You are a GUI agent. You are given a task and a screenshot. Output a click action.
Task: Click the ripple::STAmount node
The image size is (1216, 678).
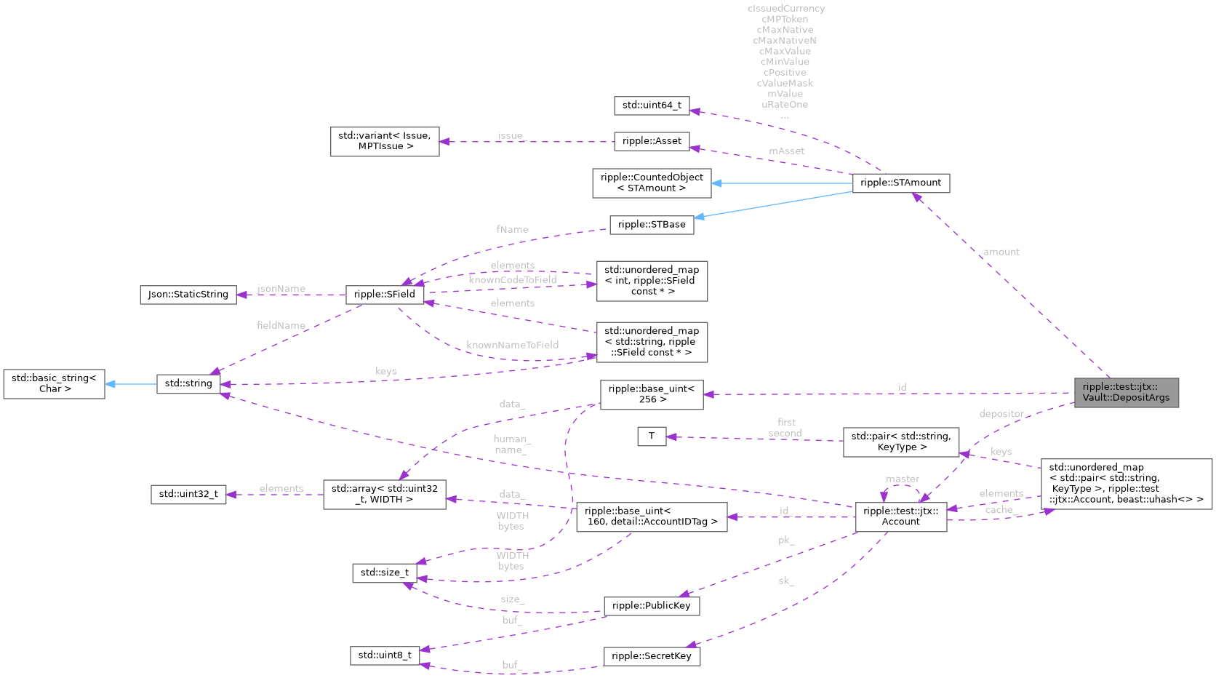tap(900, 183)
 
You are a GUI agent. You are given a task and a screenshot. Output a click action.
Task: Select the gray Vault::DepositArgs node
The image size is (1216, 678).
tap(1126, 392)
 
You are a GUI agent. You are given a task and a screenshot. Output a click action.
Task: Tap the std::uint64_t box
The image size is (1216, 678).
tap(652, 105)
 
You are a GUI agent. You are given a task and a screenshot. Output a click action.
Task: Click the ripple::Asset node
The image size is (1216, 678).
tap(652, 141)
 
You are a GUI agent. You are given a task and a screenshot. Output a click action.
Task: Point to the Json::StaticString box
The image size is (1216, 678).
tap(188, 295)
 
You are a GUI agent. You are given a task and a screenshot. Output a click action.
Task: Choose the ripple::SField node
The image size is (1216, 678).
tap(385, 295)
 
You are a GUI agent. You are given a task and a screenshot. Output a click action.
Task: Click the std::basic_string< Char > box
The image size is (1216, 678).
tap(55, 383)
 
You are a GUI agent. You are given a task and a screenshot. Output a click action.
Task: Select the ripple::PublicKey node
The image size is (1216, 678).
tap(651, 606)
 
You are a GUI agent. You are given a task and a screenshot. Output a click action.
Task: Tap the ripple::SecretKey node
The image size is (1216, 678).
tap(651, 656)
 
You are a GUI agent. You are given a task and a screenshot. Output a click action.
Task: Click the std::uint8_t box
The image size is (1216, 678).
tap(385, 655)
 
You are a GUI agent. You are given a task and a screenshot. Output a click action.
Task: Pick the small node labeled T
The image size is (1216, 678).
tap(652, 436)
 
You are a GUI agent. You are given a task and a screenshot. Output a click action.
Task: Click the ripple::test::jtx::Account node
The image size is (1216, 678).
tap(900, 517)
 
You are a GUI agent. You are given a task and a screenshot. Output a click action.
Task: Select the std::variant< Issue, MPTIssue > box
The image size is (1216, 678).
tap(385, 141)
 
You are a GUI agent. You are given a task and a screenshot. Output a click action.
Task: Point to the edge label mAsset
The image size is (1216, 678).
tap(786, 151)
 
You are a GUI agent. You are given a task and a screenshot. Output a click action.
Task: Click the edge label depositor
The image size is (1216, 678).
tap(1001, 414)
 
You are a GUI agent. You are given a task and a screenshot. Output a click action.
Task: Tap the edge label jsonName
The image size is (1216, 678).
tap(281, 289)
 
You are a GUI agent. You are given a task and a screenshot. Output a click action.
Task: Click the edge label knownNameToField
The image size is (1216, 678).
tap(512, 345)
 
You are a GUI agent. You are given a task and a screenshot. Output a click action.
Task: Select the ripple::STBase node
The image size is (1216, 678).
tap(652, 225)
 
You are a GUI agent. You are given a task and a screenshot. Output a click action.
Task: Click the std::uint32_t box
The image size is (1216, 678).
tap(188, 495)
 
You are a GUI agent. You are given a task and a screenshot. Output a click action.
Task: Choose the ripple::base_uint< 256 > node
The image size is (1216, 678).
tap(652, 394)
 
